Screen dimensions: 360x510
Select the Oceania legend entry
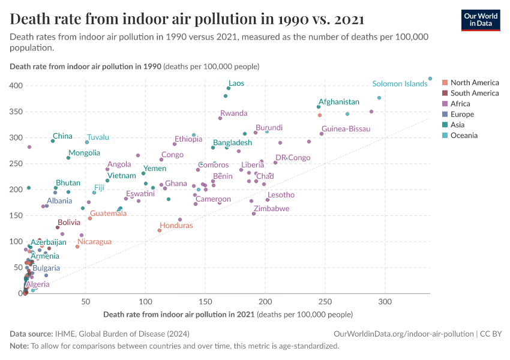[x=463, y=136]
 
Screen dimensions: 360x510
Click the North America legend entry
[x=474, y=83]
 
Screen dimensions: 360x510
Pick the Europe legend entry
[x=462, y=115]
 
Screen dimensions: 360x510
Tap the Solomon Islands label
[x=400, y=84]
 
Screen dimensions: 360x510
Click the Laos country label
[x=236, y=83]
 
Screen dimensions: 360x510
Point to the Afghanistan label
[x=339, y=102]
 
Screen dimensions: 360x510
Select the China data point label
[x=62, y=136]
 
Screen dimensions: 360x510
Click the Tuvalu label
[x=98, y=137]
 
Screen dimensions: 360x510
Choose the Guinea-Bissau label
[x=346, y=129]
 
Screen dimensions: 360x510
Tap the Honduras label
[x=176, y=226]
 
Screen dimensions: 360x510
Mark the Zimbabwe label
[x=271, y=209]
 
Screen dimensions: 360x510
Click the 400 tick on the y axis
[x=15, y=86]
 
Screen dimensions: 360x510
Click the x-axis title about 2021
[x=228, y=314]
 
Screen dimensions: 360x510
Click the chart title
[x=187, y=19]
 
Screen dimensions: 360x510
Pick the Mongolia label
[x=84, y=153]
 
